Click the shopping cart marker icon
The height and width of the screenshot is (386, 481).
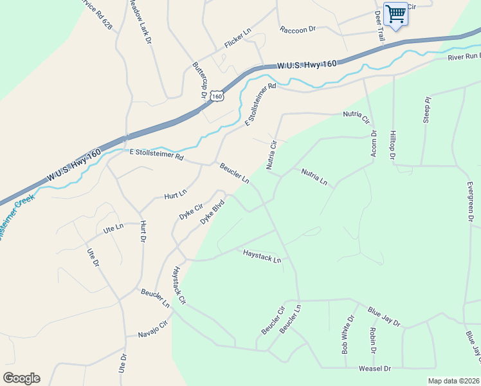(x=395, y=14)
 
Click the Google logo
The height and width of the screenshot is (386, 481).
(x=21, y=378)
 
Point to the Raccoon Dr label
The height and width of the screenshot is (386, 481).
(x=298, y=30)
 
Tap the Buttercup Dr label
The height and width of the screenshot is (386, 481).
(x=199, y=80)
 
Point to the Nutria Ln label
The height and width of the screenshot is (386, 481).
(x=314, y=177)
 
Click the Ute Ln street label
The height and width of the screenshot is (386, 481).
(x=113, y=228)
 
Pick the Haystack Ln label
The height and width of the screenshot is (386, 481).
(x=262, y=256)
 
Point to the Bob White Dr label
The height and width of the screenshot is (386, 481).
(x=348, y=335)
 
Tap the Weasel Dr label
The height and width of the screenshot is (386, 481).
(x=375, y=369)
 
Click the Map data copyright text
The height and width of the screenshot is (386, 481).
(x=453, y=381)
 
